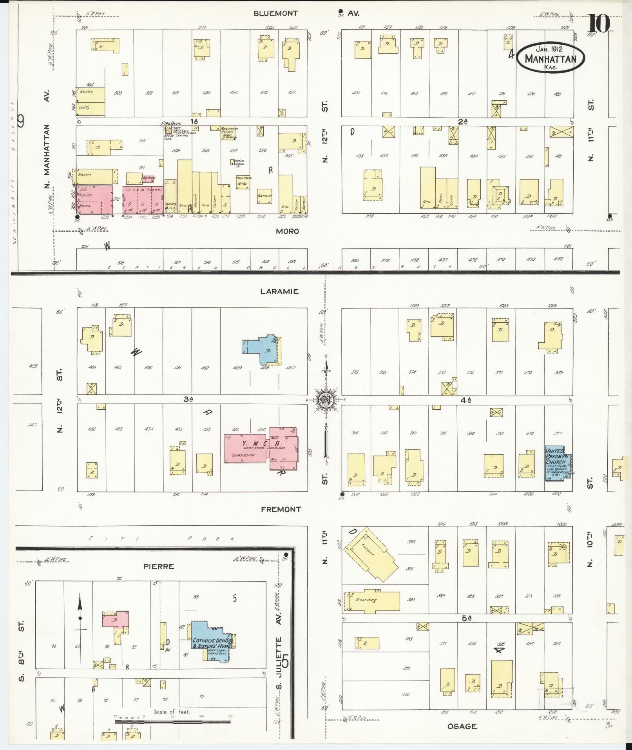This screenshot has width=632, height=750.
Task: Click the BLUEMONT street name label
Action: click(x=275, y=13)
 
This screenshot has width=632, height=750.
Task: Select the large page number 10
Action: click(x=598, y=24)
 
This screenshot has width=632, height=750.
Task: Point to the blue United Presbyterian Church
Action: click(x=557, y=462)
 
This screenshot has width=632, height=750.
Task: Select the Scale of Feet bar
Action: click(x=172, y=721)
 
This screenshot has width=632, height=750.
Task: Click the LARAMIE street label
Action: click(x=279, y=291)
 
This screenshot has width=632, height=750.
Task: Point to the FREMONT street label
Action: click(x=281, y=509)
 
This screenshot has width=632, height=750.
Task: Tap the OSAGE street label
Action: click(x=462, y=726)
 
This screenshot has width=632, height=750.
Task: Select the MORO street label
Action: click(x=287, y=231)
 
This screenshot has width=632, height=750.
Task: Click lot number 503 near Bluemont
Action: click(x=118, y=93)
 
